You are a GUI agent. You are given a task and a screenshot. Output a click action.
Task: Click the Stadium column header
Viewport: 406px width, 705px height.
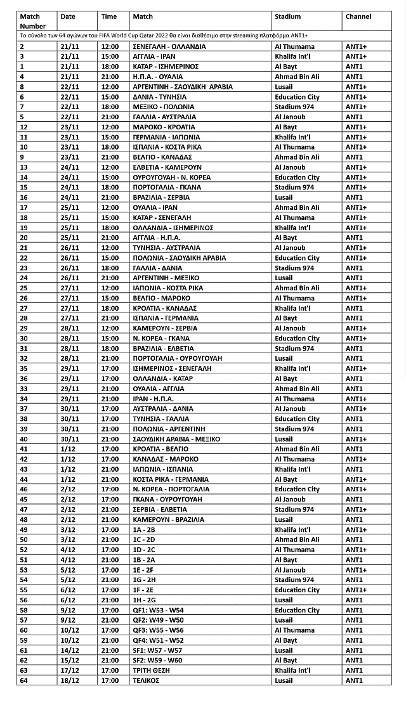[287, 16]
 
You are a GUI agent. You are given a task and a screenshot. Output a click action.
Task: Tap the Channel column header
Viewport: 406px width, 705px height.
[358, 16]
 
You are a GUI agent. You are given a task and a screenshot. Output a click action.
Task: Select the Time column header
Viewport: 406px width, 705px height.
[109, 16]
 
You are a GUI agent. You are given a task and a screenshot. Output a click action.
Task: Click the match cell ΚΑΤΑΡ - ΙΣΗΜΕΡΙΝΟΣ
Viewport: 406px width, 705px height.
[166, 67]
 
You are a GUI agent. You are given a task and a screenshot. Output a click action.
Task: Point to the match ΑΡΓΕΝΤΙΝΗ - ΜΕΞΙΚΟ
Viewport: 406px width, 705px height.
[166, 278]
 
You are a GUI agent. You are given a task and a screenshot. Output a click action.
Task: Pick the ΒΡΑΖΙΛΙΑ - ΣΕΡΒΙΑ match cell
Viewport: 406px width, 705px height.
[163, 197]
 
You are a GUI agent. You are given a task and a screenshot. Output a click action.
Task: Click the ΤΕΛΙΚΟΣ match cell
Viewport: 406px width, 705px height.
[147, 680]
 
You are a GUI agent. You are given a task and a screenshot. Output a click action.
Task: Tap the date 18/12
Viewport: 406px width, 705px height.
[69, 680]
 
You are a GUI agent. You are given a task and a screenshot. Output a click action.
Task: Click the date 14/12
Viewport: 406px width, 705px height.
[69, 650]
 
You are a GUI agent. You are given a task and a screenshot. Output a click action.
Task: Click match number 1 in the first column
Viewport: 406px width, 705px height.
[22, 67]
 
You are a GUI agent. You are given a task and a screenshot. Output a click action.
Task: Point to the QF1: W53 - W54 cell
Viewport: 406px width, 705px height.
[159, 610]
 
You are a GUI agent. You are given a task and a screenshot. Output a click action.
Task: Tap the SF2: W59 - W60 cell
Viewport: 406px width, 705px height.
[159, 660]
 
